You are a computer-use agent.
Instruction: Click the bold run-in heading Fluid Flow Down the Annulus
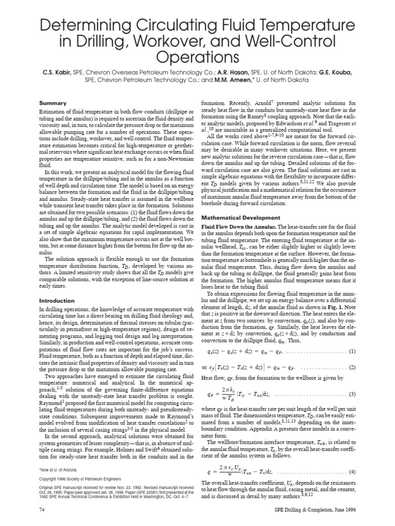point(241,227)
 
